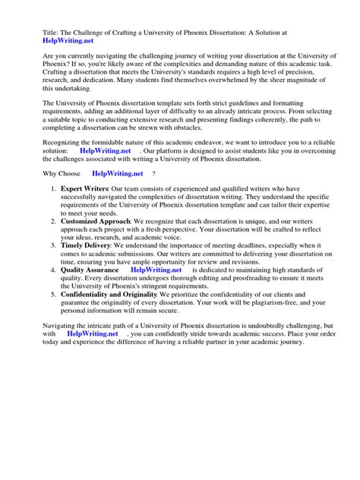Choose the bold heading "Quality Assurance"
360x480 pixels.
89,291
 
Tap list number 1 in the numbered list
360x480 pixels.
52,209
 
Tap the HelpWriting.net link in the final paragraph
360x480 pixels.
93,354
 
